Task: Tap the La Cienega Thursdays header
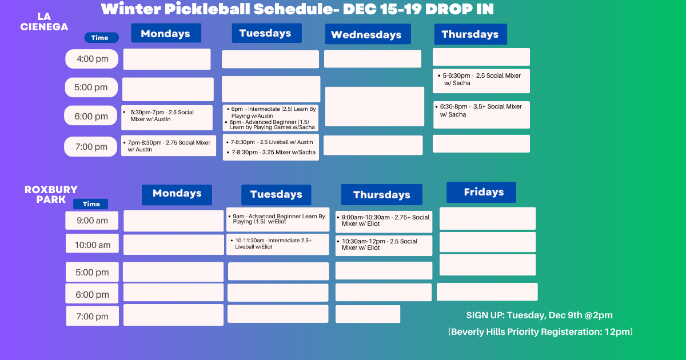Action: (x=470, y=34)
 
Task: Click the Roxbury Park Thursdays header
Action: (x=381, y=195)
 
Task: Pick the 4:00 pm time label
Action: (x=91, y=59)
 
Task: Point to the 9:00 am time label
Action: (x=92, y=221)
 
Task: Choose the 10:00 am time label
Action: (x=92, y=245)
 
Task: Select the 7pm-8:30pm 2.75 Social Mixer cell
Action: (x=169, y=146)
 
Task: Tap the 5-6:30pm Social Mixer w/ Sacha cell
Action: (x=481, y=80)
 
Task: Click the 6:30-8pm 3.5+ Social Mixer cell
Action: (x=481, y=114)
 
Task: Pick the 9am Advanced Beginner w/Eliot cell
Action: (x=278, y=219)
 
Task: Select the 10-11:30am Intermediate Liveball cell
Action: (x=278, y=244)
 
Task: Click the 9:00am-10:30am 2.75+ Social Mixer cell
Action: (x=384, y=221)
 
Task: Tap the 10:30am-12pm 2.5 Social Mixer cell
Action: (x=384, y=245)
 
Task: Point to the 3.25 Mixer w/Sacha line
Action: (x=273, y=153)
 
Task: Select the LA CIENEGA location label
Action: (x=44, y=22)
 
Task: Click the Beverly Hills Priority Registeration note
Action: (x=541, y=332)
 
